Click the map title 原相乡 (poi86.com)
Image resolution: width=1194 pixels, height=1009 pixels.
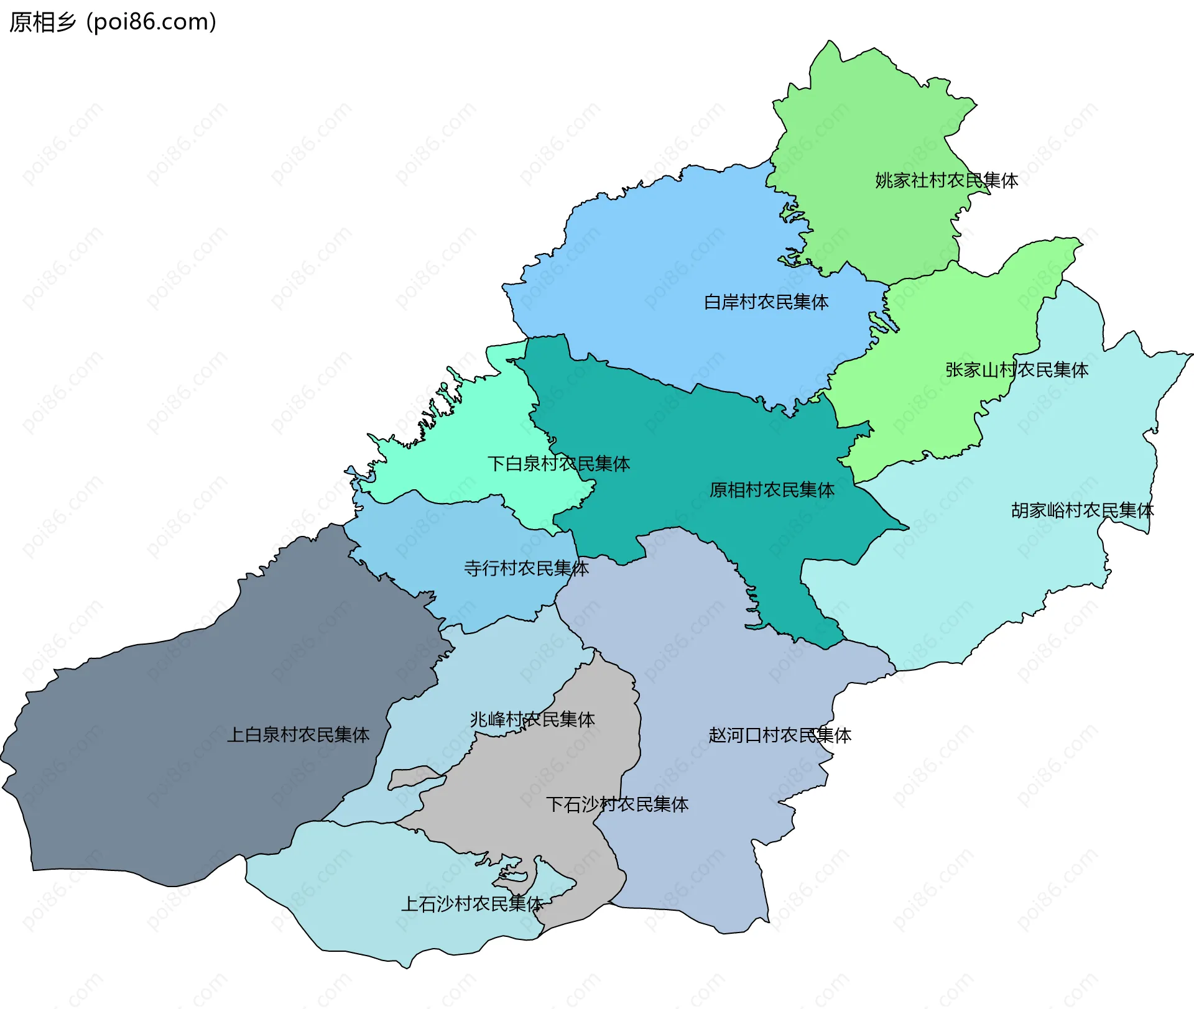(x=113, y=22)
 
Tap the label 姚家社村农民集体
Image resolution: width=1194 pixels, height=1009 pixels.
(x=946, y=180)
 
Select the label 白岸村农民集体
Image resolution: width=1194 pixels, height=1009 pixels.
(x=766, y=302)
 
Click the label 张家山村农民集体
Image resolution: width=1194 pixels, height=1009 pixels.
(x=1017, y=370)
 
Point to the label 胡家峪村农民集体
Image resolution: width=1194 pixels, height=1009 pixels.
(x=1082, y=510)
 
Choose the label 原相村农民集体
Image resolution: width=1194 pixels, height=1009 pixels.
(x=772, y=490)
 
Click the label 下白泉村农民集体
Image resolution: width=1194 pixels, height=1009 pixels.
(x=558, y=464)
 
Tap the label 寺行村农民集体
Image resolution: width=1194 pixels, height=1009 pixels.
(x=526, y=568)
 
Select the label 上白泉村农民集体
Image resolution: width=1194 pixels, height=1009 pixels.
(x=298, y=735)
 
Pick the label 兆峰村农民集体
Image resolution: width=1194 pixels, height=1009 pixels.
(x=532, y=719)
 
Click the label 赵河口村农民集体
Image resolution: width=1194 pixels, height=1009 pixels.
(x=780, y=735)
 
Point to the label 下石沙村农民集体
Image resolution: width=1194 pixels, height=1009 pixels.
(x=617, y=804)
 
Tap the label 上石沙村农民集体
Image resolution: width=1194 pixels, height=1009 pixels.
(x=473, y=904)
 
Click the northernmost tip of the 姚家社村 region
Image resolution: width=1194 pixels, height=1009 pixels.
(x=829, y=42)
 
